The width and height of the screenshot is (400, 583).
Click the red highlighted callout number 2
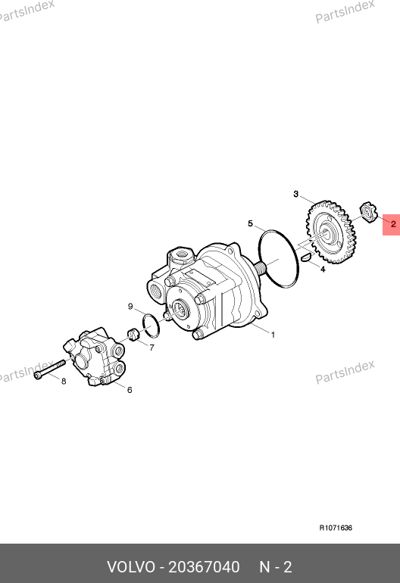(x=393, y=224)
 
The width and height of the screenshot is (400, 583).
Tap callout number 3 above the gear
(x=295, y=194)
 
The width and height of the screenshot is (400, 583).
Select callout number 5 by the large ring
(x=251, y=223)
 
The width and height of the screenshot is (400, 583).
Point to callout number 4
(x=323, y=270)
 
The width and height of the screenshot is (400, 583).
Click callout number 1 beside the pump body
(x=273, y=335)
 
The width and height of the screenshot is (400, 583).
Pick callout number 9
(x=130, y=307)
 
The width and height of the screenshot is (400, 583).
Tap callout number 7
(x=152, y=348)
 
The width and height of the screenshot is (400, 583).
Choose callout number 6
(x=130, y=390)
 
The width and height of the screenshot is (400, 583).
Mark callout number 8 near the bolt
(x=64, y=381)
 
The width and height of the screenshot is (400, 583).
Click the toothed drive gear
(x=330, y=232)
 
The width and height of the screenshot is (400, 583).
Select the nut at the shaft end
(x=368, y=212)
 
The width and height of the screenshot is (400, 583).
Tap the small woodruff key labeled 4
(x=306, y=257)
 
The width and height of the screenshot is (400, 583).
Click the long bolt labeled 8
(x=49, y=369)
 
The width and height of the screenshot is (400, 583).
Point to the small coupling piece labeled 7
(x=133, y=334)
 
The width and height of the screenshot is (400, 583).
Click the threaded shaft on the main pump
(x=261, y=269)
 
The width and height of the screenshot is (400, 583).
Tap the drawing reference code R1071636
(x=336, y=528)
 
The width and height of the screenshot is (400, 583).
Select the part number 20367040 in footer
(x=204, y=567)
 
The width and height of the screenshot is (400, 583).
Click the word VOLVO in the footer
(x=131, y=567)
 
